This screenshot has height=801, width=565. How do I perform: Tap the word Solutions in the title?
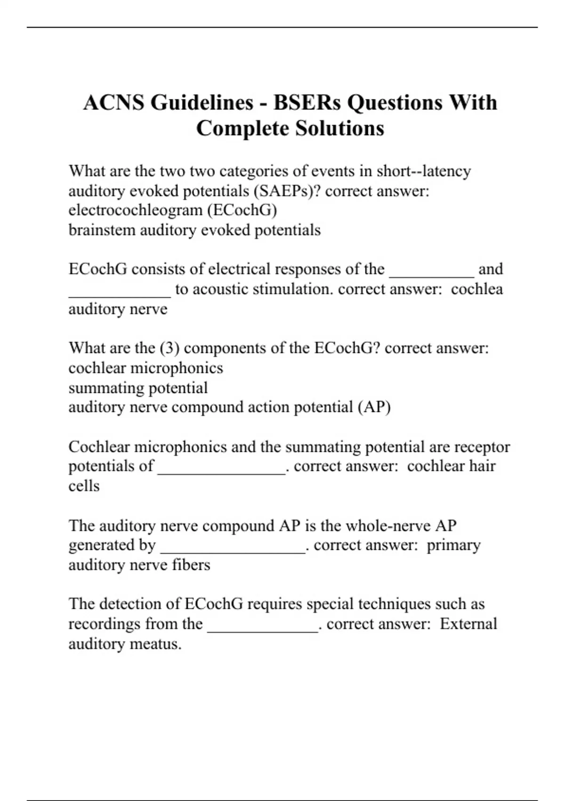tap(339, 128)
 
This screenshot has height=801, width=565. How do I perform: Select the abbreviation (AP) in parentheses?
tap(374, 407)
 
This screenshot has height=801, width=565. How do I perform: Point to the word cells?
tap(84, 486)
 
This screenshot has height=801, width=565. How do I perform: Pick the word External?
tap(468, 624)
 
